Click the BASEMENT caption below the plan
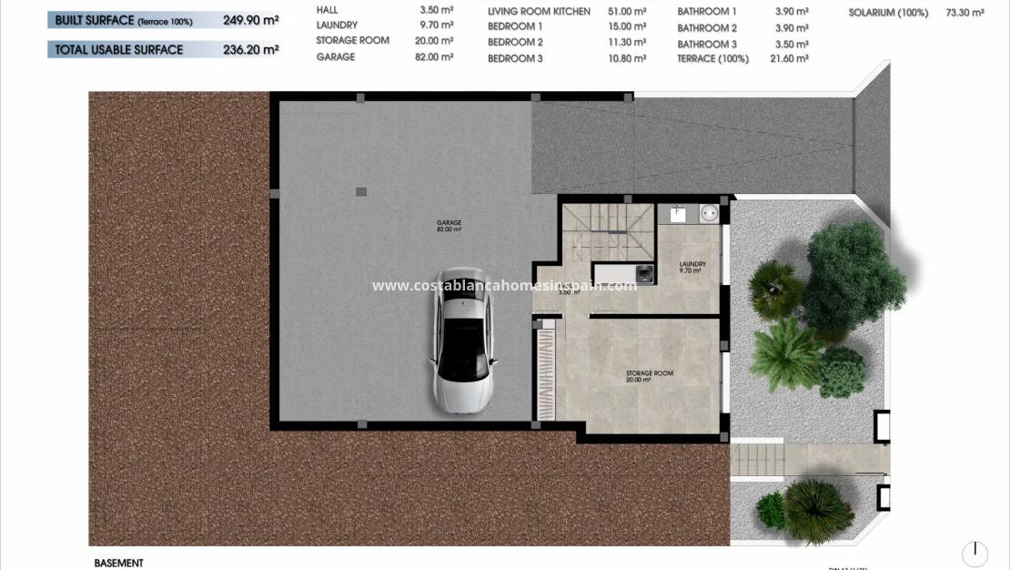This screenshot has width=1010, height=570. coord(118,564)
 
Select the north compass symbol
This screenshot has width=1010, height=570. coord(975,553)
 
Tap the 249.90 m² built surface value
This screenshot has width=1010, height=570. coord(250,19)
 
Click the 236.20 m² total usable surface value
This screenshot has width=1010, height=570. coord(250,50)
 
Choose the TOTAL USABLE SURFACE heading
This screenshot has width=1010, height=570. coord(118,50)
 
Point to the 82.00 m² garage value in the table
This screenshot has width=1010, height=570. coord(435,56)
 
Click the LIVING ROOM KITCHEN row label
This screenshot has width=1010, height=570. coord(539,11)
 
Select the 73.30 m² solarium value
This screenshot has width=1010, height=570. coord(965,13)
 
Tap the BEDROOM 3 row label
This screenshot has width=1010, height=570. coord(515,58)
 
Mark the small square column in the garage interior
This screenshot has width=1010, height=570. coord(361,191)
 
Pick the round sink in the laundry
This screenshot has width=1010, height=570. coord(709,215)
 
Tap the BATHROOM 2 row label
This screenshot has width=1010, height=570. coord(707,28)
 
